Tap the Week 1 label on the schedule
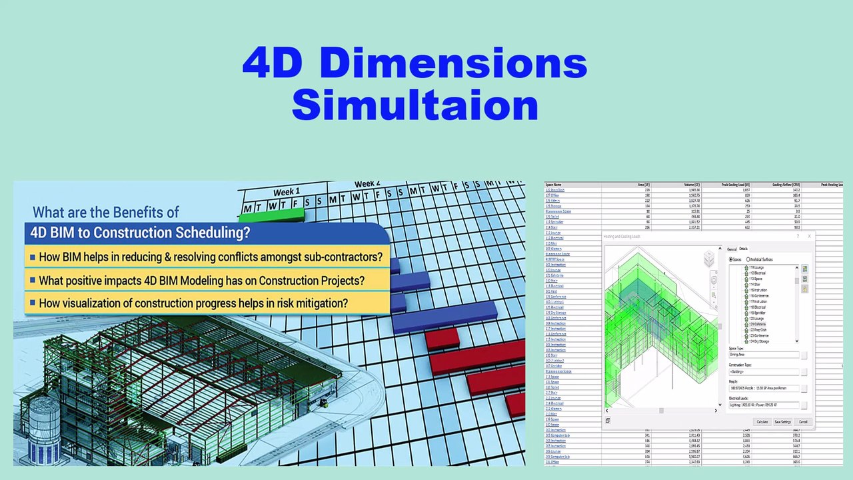click(286, 192)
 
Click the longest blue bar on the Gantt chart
click(444, 317)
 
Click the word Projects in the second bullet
click(341, 280)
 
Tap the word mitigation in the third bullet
click(316, 303)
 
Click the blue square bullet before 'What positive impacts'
click(32, 281)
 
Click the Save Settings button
click(782, 421)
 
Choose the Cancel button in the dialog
click(803, 421)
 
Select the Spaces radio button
click(731, 259)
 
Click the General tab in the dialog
click(731, 249)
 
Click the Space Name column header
click(554, 185)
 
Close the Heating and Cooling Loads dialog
click(810, 236)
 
